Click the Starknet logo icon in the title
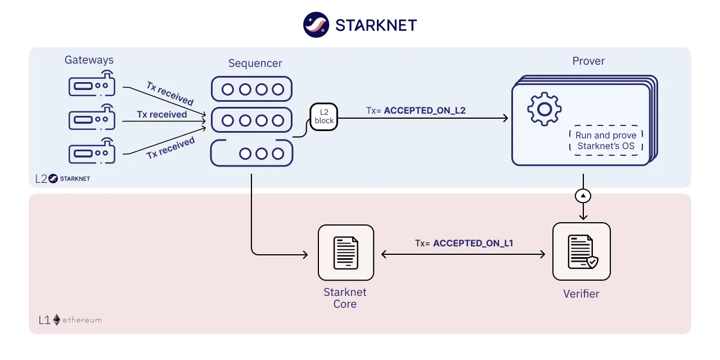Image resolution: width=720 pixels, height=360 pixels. coord(316,25)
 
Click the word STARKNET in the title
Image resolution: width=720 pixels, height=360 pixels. coord(376,25)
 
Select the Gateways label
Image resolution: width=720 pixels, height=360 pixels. coord(89,60)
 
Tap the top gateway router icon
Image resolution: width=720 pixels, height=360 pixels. coord(92,84)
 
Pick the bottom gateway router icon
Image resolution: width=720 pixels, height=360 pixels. coord(92,151)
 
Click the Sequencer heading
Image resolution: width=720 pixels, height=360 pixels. coord(255,63)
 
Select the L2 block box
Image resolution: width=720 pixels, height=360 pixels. coord(323,116)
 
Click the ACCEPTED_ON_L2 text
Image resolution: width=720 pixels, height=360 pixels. coord(425,111)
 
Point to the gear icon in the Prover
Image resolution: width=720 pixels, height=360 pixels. coord(544,109)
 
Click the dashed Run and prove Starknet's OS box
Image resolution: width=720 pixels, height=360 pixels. coord(606,141)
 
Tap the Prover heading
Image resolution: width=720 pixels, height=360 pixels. coord(588,61)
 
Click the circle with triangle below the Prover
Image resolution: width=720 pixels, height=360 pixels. coord(583,196)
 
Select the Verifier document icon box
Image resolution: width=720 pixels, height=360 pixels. coord(582,251)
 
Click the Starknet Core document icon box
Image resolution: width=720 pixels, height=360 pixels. coord(346,253)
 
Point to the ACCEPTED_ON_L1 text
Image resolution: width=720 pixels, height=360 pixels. coord(473,244)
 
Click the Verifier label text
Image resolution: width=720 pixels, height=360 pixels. coord(581,294)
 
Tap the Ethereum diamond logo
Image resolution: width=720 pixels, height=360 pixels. coord(57,320)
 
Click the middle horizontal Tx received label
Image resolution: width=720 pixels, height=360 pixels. coord(162,114)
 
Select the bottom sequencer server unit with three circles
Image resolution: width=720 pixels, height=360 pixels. coord(251,153)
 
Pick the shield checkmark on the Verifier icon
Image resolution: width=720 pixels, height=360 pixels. coord(592,262)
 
